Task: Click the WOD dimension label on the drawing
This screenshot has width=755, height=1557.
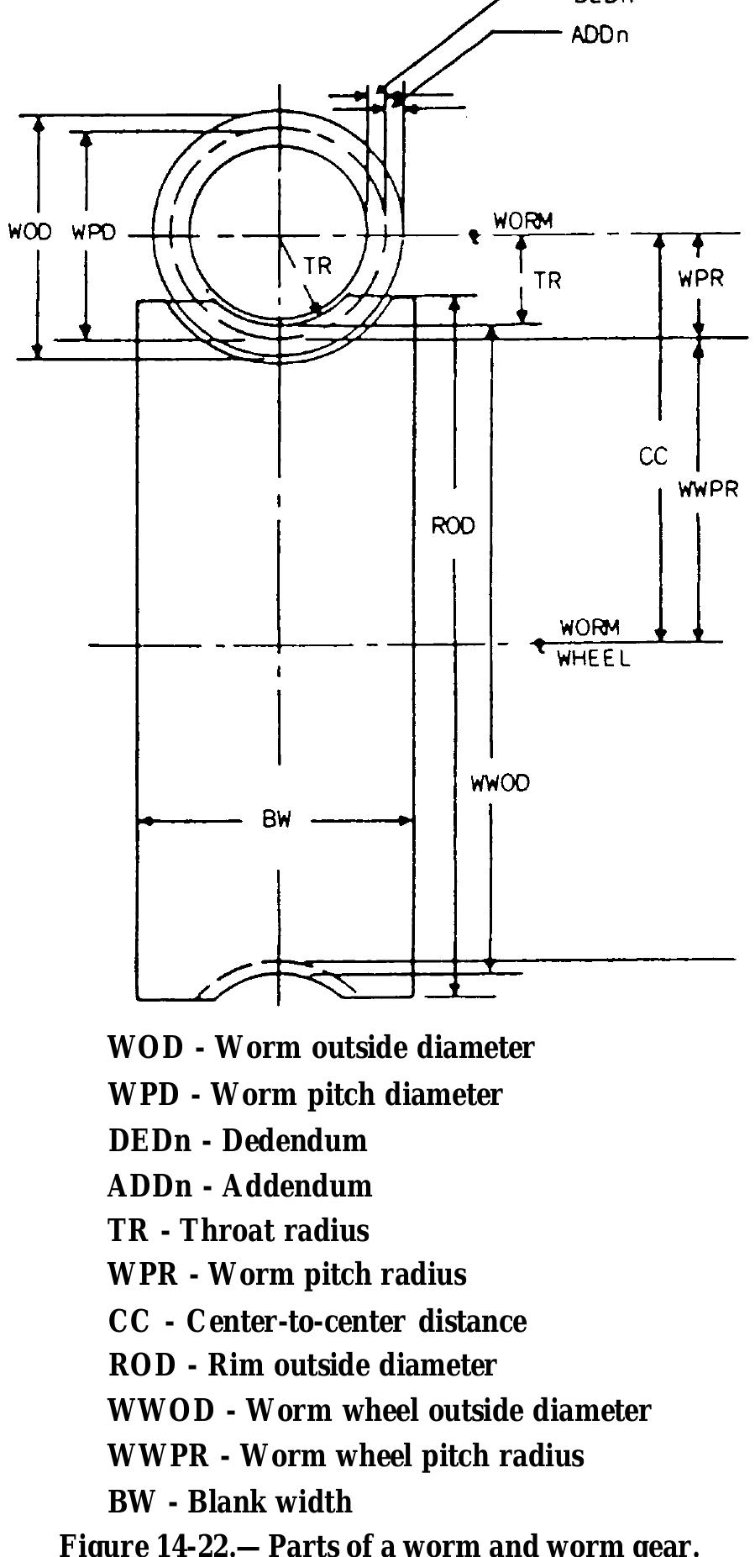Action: coord(30,233)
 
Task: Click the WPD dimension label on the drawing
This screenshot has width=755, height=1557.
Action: coord(94,233)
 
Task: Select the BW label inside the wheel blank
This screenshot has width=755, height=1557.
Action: coord(276,820)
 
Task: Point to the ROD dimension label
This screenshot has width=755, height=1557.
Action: coord(454,526)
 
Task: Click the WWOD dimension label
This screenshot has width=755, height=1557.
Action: coord(501,783)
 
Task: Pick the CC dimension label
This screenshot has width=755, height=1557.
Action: coord(653,456)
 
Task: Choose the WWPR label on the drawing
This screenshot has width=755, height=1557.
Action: coord(709,489)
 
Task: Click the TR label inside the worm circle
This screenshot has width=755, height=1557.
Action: coord(317,266)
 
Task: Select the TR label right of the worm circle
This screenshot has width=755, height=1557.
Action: coord(548,280)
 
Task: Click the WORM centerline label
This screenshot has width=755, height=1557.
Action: coord(522,221)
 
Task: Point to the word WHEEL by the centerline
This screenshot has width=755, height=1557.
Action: coord(594,660)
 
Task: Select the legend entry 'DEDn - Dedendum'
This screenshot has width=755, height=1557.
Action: coord(238,1140)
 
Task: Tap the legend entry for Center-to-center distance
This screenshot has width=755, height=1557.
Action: coord(317,1321)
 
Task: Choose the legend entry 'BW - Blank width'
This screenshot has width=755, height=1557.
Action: coord(231,1501)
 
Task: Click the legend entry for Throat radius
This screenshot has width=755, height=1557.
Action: coord(239,1230)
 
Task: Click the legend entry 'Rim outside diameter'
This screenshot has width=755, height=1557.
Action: coord(302,1365)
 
